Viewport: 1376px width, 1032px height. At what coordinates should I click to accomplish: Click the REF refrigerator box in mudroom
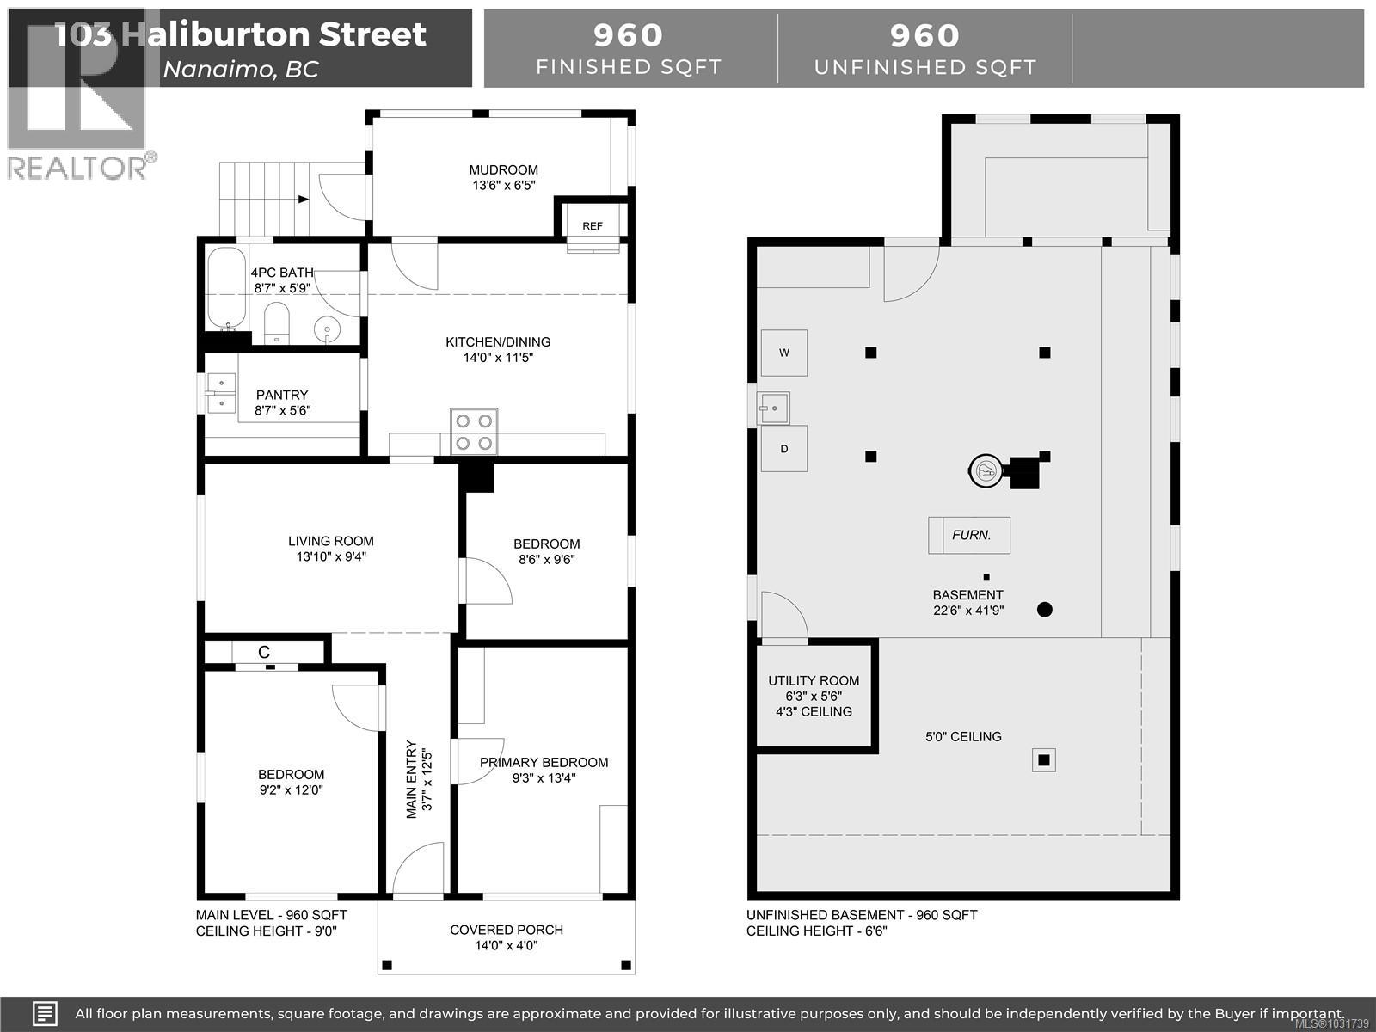click(593, 225)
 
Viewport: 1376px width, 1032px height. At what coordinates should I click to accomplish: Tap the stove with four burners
click(474, 432)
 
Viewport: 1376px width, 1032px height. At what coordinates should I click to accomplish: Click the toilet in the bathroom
click(276, 322)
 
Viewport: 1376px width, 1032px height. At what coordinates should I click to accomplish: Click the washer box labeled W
click(783, 353)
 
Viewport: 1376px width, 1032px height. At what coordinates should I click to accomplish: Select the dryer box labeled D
click(783, 449)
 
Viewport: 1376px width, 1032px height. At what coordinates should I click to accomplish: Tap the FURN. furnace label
click(971, 535)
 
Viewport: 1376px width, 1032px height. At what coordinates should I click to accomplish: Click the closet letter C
click(264, 653)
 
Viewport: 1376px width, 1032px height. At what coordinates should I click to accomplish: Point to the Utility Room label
click(813, 680)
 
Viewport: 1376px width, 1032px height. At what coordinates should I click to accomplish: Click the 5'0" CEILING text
click(963, 736)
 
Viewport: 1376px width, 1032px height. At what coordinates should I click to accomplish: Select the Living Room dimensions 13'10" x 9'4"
click(331, 557)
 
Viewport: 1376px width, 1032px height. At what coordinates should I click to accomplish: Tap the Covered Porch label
click(507, 930)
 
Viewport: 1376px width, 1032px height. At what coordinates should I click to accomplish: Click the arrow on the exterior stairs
click(303, 200)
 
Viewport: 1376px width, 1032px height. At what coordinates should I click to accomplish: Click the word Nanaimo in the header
click(215, 69)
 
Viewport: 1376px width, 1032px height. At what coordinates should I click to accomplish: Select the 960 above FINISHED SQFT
click(629, 35)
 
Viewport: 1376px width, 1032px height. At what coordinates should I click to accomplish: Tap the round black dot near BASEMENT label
click(1045, 610)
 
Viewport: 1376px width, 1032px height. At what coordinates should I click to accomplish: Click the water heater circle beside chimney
click(986, 470)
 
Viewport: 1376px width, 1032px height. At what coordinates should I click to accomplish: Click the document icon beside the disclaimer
click(46, 1013)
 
